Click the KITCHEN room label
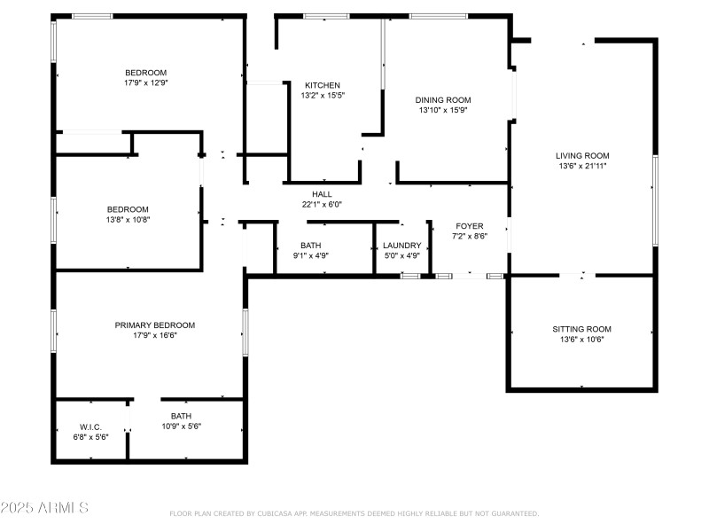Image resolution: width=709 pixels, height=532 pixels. [323, 85]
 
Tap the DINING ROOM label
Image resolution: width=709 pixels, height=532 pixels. [443, 100]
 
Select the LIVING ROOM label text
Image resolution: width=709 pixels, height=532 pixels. [582, 156]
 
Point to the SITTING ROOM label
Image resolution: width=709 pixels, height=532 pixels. [582, 329]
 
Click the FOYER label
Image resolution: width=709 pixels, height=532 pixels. [470, 226]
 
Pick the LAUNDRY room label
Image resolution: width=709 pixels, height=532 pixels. [402, 246]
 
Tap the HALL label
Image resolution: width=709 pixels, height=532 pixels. [322, 194]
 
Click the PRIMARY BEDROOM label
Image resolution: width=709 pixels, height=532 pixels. [154, 325]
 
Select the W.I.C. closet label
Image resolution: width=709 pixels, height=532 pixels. [90, 427]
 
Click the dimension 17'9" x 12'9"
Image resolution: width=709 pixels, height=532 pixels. [146, 82]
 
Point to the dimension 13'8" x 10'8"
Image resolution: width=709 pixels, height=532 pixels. [128, 220]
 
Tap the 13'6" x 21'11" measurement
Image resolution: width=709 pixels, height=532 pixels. [582, 166]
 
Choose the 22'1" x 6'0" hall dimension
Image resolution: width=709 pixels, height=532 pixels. [322, 205]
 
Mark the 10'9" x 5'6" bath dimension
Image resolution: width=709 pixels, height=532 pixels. [182, 426]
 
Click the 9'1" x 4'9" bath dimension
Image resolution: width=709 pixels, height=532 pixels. [311, 255]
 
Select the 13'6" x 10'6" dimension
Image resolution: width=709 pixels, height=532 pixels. [582, 340]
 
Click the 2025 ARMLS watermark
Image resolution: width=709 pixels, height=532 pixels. [44, 507]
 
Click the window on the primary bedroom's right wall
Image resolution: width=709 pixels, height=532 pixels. [245, 332]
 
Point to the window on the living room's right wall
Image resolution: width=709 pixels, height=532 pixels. [655, 201]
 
